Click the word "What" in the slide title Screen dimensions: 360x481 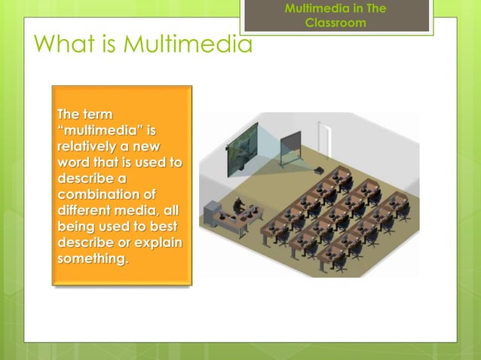tap(60, 44)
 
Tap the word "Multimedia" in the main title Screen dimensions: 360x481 tap(188, 44)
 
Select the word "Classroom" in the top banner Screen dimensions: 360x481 tap(335, 23)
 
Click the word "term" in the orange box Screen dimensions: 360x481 tap(97, 114)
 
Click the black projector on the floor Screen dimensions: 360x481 tap(319, 169)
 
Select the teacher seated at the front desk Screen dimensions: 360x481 tap(238, 206)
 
